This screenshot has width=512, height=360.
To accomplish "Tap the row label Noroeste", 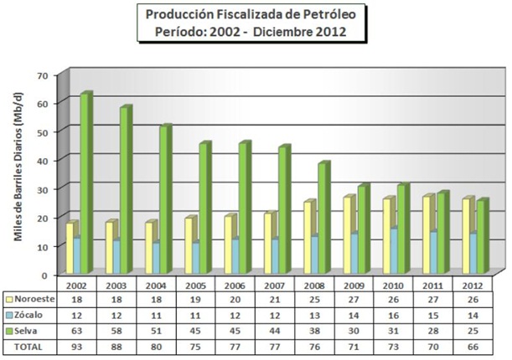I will (34, 298).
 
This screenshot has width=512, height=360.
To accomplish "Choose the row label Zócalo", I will (30, 314).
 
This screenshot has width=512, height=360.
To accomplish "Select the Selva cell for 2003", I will (117, 330).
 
